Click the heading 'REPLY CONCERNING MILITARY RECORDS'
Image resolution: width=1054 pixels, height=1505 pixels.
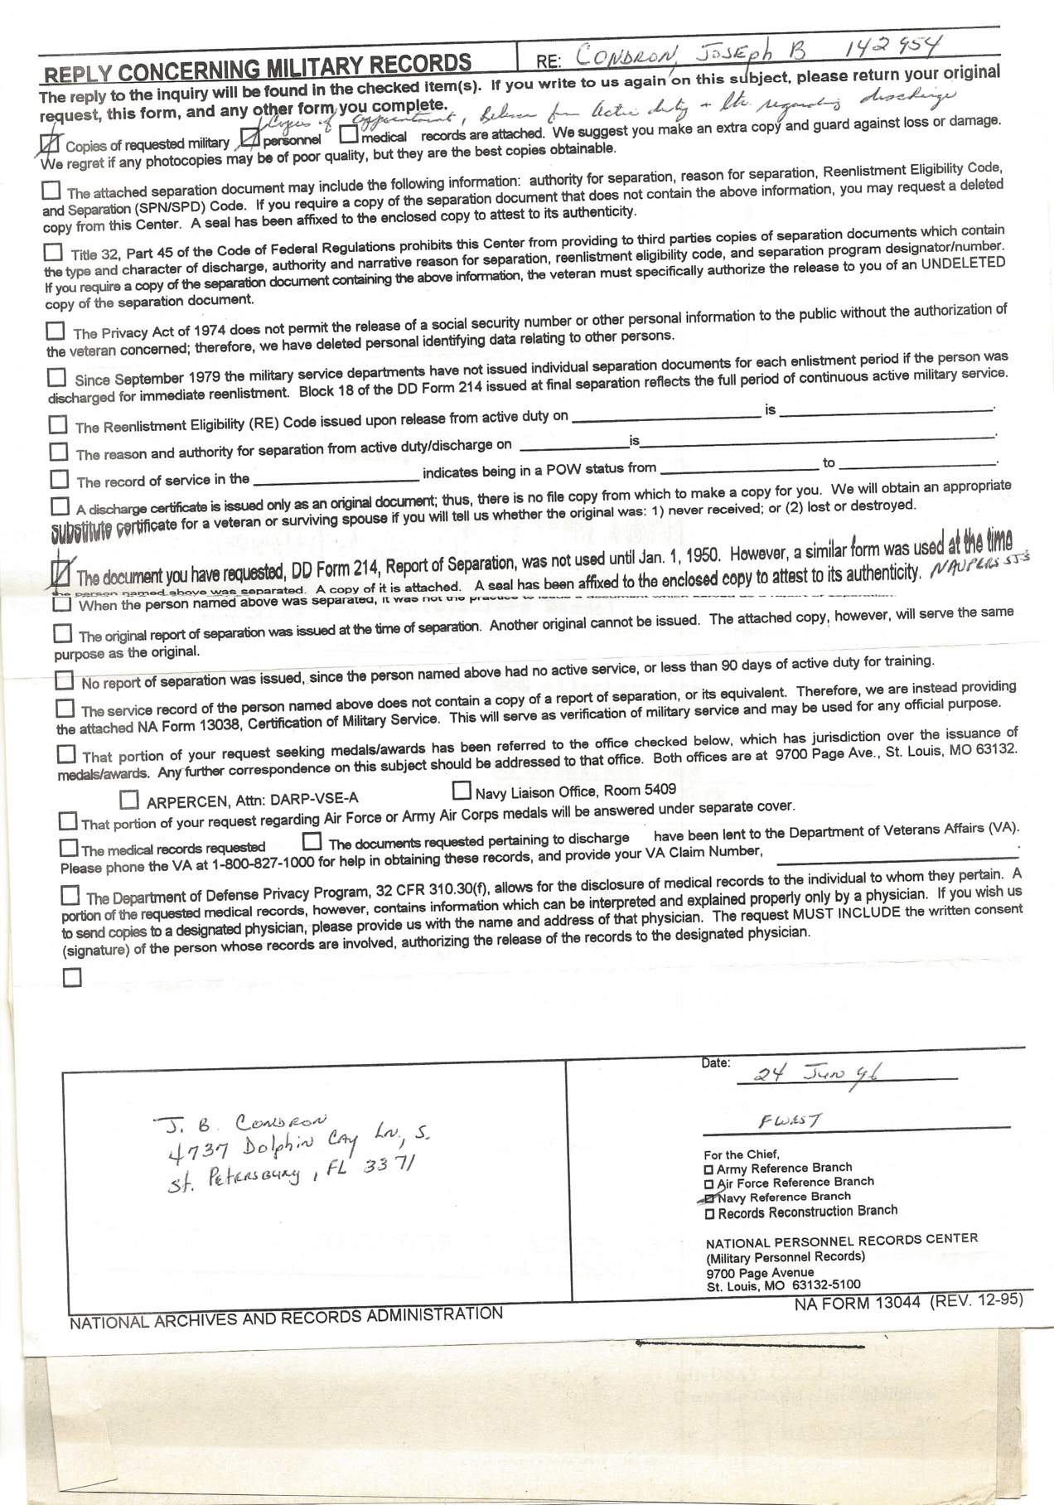[258, 65]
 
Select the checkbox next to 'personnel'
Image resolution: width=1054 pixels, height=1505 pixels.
[249, 138]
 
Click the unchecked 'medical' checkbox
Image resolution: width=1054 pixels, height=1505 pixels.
[349, 133]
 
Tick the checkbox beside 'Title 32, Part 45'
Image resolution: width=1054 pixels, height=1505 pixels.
[53, 251]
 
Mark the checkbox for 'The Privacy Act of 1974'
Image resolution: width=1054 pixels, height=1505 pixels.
[55, 331]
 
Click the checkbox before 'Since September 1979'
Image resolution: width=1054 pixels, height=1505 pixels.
[56, 378]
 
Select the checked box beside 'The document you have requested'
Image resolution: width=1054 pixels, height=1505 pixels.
[61, 572]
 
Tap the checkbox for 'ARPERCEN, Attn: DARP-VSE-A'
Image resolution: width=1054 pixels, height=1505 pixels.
[128, 800]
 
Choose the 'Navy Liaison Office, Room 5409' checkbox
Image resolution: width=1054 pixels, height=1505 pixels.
[462, 790]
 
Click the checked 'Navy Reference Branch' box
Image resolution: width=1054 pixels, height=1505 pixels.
[709, 1198]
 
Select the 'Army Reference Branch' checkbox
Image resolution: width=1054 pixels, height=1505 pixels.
[708, 1169]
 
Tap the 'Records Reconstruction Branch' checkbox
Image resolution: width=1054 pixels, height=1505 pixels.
[708, 1214]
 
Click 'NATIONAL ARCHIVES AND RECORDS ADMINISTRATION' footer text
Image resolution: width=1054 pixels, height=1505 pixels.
[286, 1317]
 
